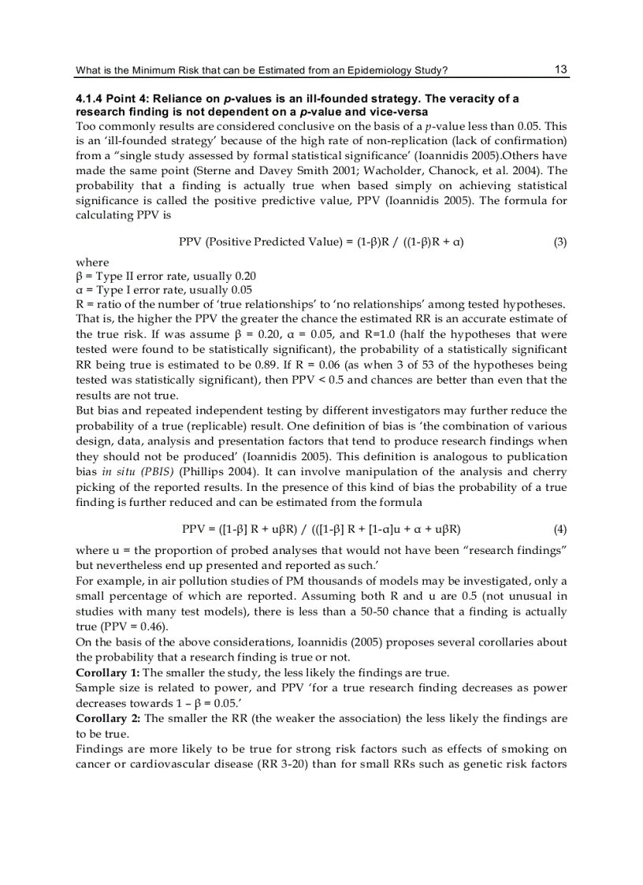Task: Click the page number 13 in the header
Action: (560, 69)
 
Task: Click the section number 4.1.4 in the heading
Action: (89, 99)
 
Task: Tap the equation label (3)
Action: (559, 242)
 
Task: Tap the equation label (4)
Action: (559, 529)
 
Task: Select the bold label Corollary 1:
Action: (108, 672)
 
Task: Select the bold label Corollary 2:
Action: (108, 719)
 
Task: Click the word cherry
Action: (550, 471)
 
